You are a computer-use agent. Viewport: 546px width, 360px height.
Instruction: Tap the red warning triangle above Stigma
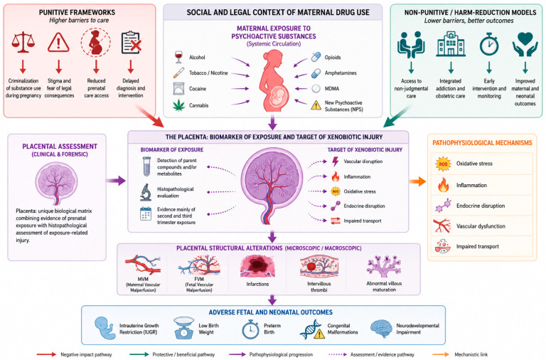click(58, 43)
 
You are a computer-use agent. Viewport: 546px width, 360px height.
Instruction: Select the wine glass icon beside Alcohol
click(178, 57)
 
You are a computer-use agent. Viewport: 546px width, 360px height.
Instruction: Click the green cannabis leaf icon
click(179, 105)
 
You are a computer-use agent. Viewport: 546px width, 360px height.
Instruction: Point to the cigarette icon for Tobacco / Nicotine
click(178, 73)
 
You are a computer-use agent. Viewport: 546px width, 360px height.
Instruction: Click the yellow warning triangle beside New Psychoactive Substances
click(316, 105)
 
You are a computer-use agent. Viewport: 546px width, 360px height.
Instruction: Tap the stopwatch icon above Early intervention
click(489, 44)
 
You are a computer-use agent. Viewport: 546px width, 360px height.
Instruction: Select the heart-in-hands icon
click(525, 44)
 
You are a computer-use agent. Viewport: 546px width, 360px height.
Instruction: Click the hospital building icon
click(451, 44)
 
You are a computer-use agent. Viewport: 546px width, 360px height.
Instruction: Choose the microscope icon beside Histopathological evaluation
click(146, 192)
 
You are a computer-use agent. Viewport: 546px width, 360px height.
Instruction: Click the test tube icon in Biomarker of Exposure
click(146, 166)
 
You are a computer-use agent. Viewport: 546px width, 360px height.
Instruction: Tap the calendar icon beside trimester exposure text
click(146, 213)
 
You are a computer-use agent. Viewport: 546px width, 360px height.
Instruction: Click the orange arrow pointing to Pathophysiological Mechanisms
click(417, 181)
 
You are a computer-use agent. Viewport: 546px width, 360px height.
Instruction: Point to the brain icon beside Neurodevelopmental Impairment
click(381, 329)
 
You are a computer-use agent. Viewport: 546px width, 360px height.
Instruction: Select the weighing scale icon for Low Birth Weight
click(184, 327)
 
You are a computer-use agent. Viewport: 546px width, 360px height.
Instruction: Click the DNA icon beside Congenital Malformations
click(312, 329)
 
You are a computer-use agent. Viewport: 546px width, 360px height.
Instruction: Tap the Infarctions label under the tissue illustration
click(257, 284)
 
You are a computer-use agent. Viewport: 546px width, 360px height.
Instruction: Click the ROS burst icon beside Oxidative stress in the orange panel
click(443, 164)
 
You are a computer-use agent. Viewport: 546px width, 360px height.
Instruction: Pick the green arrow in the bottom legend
click(139, 354)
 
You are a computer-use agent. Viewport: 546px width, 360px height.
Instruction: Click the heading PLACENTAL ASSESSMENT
click(60, 147)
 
